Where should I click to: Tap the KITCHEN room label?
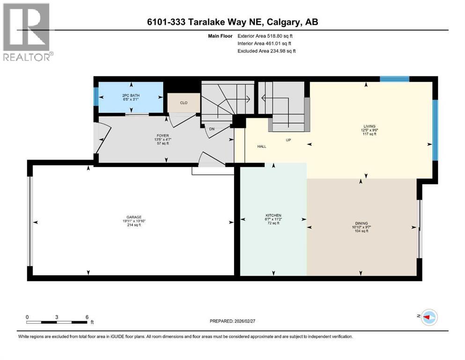[273, 216]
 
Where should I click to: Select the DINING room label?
[361, 223]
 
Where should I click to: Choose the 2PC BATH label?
[131, 96]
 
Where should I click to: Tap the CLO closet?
[184, 102]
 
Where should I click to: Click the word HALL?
[262, 146]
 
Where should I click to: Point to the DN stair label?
[212, 128]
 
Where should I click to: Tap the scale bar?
[57, 322]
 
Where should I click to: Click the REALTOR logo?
[27, 32]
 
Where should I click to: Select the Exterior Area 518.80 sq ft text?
[266, 36]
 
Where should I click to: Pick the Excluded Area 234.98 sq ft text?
[266, 51]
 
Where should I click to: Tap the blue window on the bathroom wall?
[96, 97]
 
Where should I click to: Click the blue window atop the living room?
[394, 79]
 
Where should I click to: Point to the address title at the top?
[232, 22]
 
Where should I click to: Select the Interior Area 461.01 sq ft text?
[266, 44]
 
